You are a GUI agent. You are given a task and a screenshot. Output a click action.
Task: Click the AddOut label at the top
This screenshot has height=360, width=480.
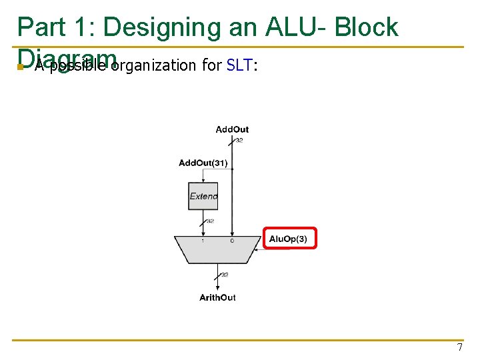[x=232, y=129]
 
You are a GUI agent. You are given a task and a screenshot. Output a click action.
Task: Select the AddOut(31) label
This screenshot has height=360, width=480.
[x=203, y=163]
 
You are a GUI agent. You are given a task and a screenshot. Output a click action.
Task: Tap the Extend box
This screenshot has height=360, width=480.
[x=203, y=196]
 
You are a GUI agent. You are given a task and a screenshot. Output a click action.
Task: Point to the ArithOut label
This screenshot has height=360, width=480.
[x=217, y=297]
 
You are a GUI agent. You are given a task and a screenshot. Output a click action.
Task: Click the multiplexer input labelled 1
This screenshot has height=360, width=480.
[x=203, y=241]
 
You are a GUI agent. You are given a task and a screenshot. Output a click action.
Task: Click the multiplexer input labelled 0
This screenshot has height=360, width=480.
[x=232, y=241]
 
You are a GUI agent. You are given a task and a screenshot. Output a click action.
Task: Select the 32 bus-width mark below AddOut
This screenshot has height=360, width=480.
[x=239, y=141]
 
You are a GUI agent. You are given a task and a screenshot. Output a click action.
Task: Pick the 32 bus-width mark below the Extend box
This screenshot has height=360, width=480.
[x=210, y=221]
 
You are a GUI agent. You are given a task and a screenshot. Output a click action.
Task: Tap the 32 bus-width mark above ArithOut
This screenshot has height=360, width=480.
[x=225, y=275]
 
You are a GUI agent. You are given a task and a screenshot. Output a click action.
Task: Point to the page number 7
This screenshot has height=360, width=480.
[x=459, y=347]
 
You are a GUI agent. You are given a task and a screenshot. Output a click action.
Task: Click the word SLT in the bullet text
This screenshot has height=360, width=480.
[x=239, y=65]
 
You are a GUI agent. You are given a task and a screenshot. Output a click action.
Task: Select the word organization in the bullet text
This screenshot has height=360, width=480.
[x=153, y=65]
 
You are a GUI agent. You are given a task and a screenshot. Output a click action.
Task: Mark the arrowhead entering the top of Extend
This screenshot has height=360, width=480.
[x=203, y=181]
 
